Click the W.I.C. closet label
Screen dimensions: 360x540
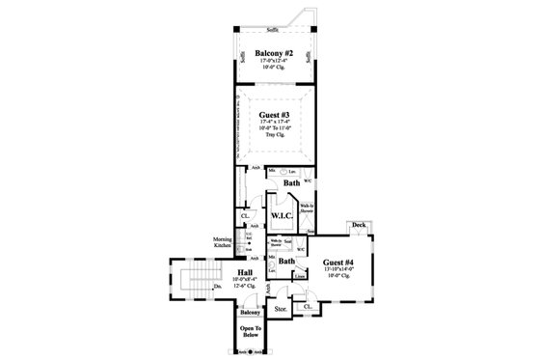(x=283, y=214)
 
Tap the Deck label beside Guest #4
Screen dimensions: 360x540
(x=358, y=225)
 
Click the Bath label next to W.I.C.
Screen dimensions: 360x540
(x=290, y=182)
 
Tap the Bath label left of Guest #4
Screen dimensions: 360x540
(x=286, y=262)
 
